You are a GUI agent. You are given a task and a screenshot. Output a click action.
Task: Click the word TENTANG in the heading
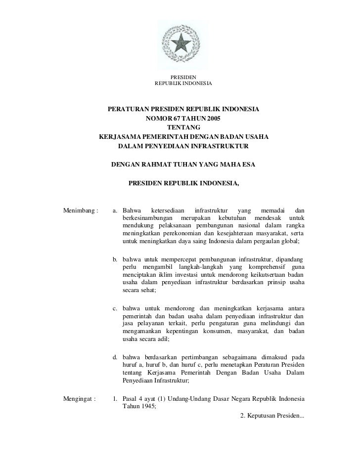click(x=183, y=128)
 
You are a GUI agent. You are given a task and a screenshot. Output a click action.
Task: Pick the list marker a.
click(x=115, y=211)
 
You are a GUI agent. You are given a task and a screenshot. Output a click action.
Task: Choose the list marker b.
click(x=115, y=258)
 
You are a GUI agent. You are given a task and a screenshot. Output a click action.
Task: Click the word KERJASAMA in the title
click(x=122, y=137)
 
